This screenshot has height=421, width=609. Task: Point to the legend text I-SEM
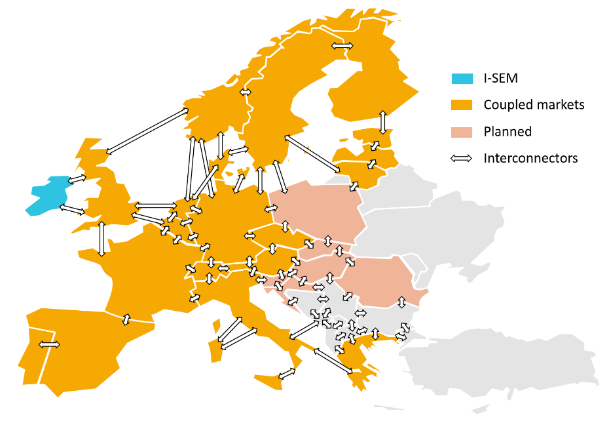pos(501,79)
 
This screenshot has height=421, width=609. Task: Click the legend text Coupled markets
pos(534,105)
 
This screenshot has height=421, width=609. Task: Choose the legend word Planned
pos(507,131)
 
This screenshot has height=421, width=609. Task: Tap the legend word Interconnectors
pos(530,158)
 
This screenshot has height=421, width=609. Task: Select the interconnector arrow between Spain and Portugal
pos(49,344)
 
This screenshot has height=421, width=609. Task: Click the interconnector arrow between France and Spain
pos(126,319)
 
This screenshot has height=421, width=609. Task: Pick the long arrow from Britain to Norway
pos(147,131)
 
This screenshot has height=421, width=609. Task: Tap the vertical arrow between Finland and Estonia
pos(383,123)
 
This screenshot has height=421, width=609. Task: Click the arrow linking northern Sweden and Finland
pos(342,46)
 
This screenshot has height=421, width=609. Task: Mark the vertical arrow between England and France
pos(101,239)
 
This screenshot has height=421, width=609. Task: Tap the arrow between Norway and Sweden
pos(246,92)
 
